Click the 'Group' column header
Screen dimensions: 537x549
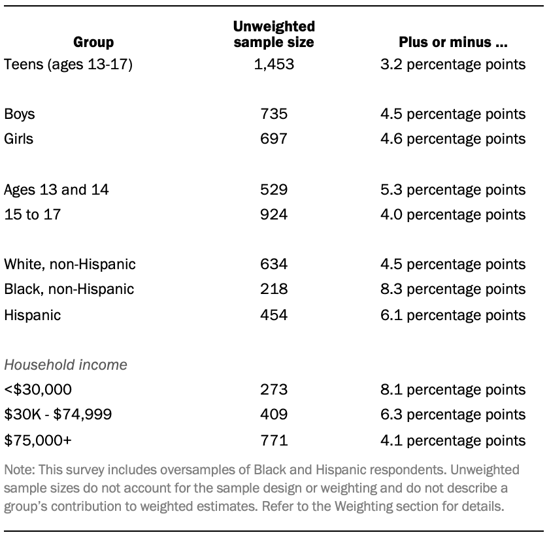click(x=93, y=42)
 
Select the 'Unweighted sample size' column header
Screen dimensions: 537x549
click(x=274, y=35)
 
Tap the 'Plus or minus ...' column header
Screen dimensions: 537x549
click(x=454, y=42)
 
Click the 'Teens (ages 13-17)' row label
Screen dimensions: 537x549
click(x=68, y=64)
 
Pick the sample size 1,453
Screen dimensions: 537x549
click(x=274, y=64)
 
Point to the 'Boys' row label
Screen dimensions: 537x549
click(x=20, y=114)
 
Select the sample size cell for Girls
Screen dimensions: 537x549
click(x=274, y=138)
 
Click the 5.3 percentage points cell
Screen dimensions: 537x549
click(x=454, y=189)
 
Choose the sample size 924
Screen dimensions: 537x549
click(x=274, y=214)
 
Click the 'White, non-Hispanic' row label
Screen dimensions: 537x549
click(x=70, y=264)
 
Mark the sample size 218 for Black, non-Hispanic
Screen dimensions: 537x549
click(x=274, y=289)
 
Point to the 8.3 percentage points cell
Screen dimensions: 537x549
click(x=454, y=289)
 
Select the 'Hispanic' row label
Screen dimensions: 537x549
click(x=32, y=314)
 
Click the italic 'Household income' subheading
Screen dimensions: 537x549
click(x=65, y=365)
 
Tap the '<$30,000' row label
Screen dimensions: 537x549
click(x=38, y=389)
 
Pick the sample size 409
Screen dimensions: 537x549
click(x=274, y=414)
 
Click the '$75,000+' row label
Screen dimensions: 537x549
click(x=38, y=440)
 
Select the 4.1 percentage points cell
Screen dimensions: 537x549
click(x=454, y=440)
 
